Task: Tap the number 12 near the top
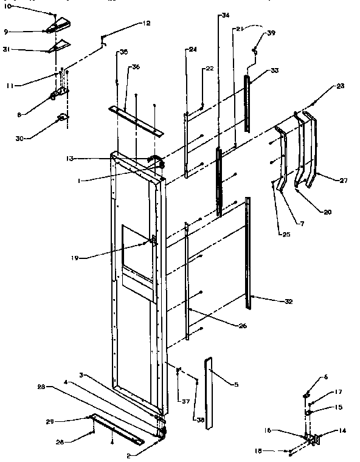(x=147, y=23)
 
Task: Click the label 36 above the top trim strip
(x=136, y=67)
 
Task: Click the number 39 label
(x=271, y=32)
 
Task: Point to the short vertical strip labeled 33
(x=247, y=103)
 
